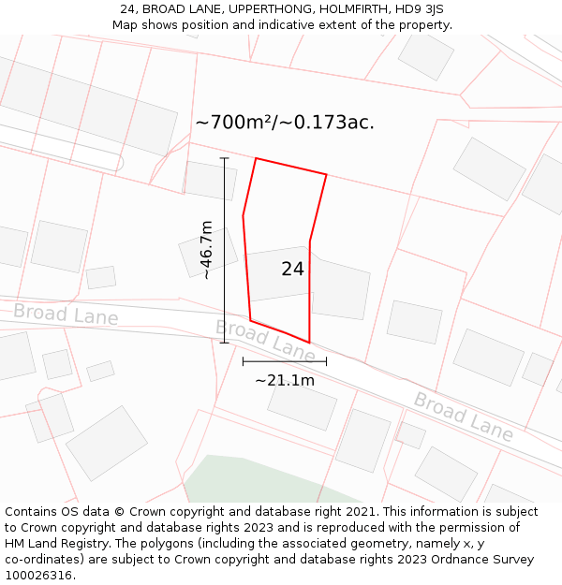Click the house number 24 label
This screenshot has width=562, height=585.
[x=292, y=270]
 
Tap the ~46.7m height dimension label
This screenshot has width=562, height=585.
[x=206, y=250]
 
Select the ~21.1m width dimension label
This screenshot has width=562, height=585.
[x=285, y=380]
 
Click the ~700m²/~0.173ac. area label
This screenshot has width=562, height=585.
[x=285, y=123]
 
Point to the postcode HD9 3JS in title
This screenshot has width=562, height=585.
[x=419, y=9]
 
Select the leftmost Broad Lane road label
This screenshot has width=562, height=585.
[x=66, y=314]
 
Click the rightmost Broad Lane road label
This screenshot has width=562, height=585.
[x=464, y=417]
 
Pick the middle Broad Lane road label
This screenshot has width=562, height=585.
[x=265, y=341]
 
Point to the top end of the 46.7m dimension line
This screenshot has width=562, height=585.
[x=225, y=158]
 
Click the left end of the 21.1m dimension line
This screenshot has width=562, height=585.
[x=243, y=361]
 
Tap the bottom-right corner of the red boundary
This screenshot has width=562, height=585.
[x=309, y=343]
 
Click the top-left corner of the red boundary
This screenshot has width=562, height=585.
[x=256, y=158]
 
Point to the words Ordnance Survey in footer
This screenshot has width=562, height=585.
[x=482, y=560]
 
